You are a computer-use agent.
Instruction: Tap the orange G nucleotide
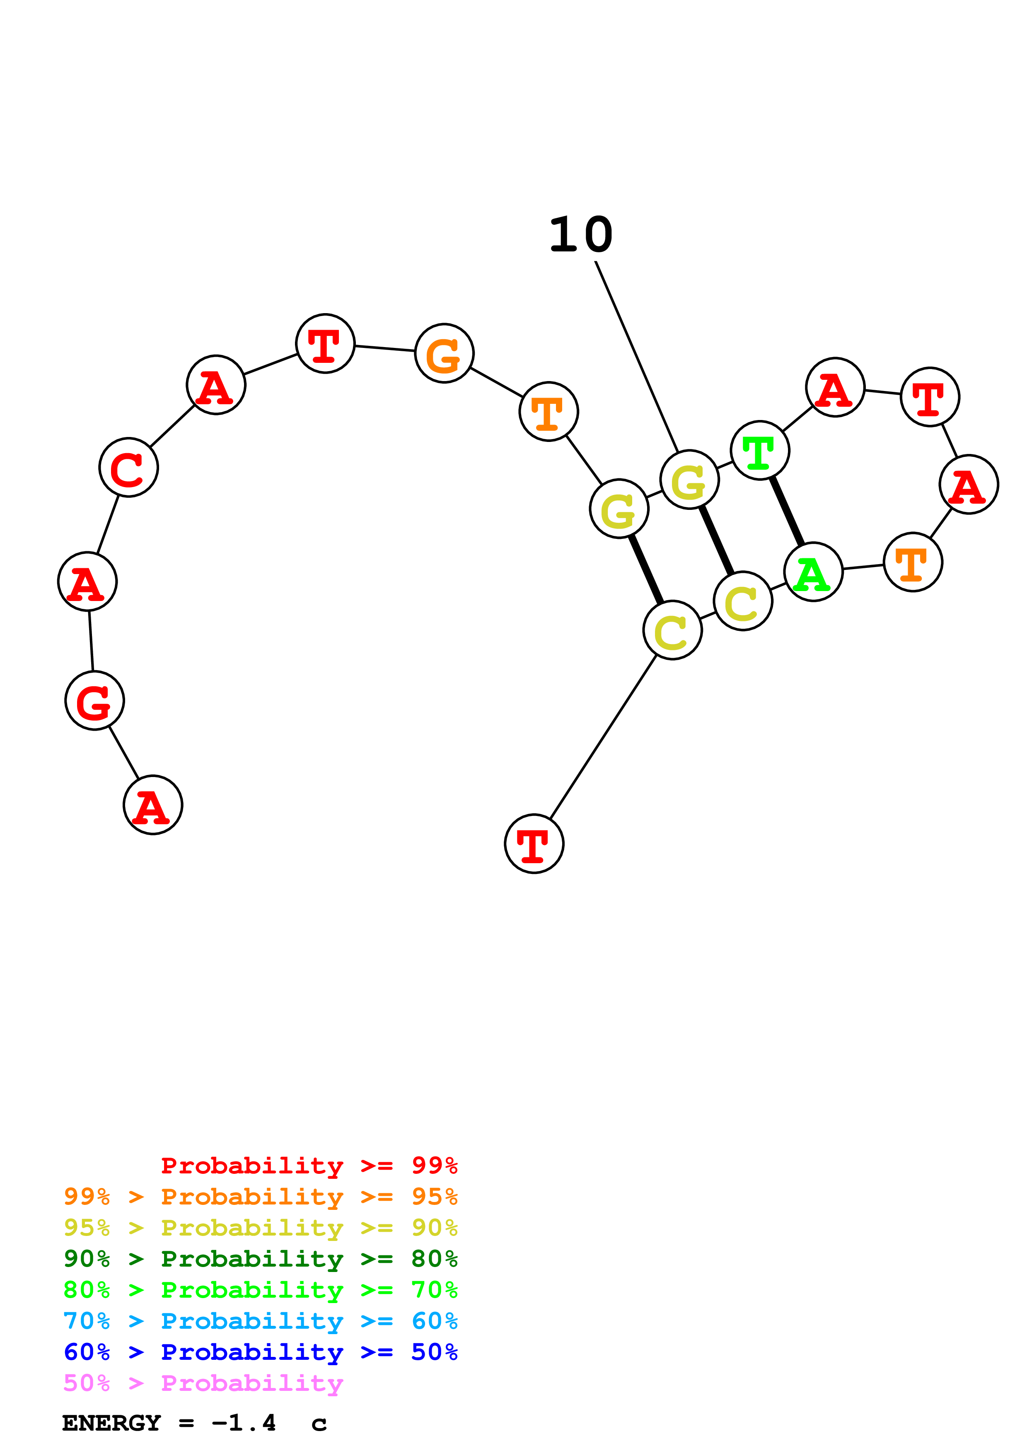point(444,353)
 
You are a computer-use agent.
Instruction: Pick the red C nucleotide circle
point(128,467)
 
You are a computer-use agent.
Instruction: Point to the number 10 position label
point(581,235)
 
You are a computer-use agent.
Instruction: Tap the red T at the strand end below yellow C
point(534,844)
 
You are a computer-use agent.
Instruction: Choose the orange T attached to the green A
point(913,562)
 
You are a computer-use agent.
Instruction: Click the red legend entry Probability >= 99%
point(309,1166)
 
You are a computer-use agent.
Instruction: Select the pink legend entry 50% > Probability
point(203,1383)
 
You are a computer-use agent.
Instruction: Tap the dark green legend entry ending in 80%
point(260,1259)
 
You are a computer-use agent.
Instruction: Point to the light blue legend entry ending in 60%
point(260,1321)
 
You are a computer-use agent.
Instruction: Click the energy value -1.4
point(244,1423)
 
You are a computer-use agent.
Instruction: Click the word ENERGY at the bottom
point(111,1423)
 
